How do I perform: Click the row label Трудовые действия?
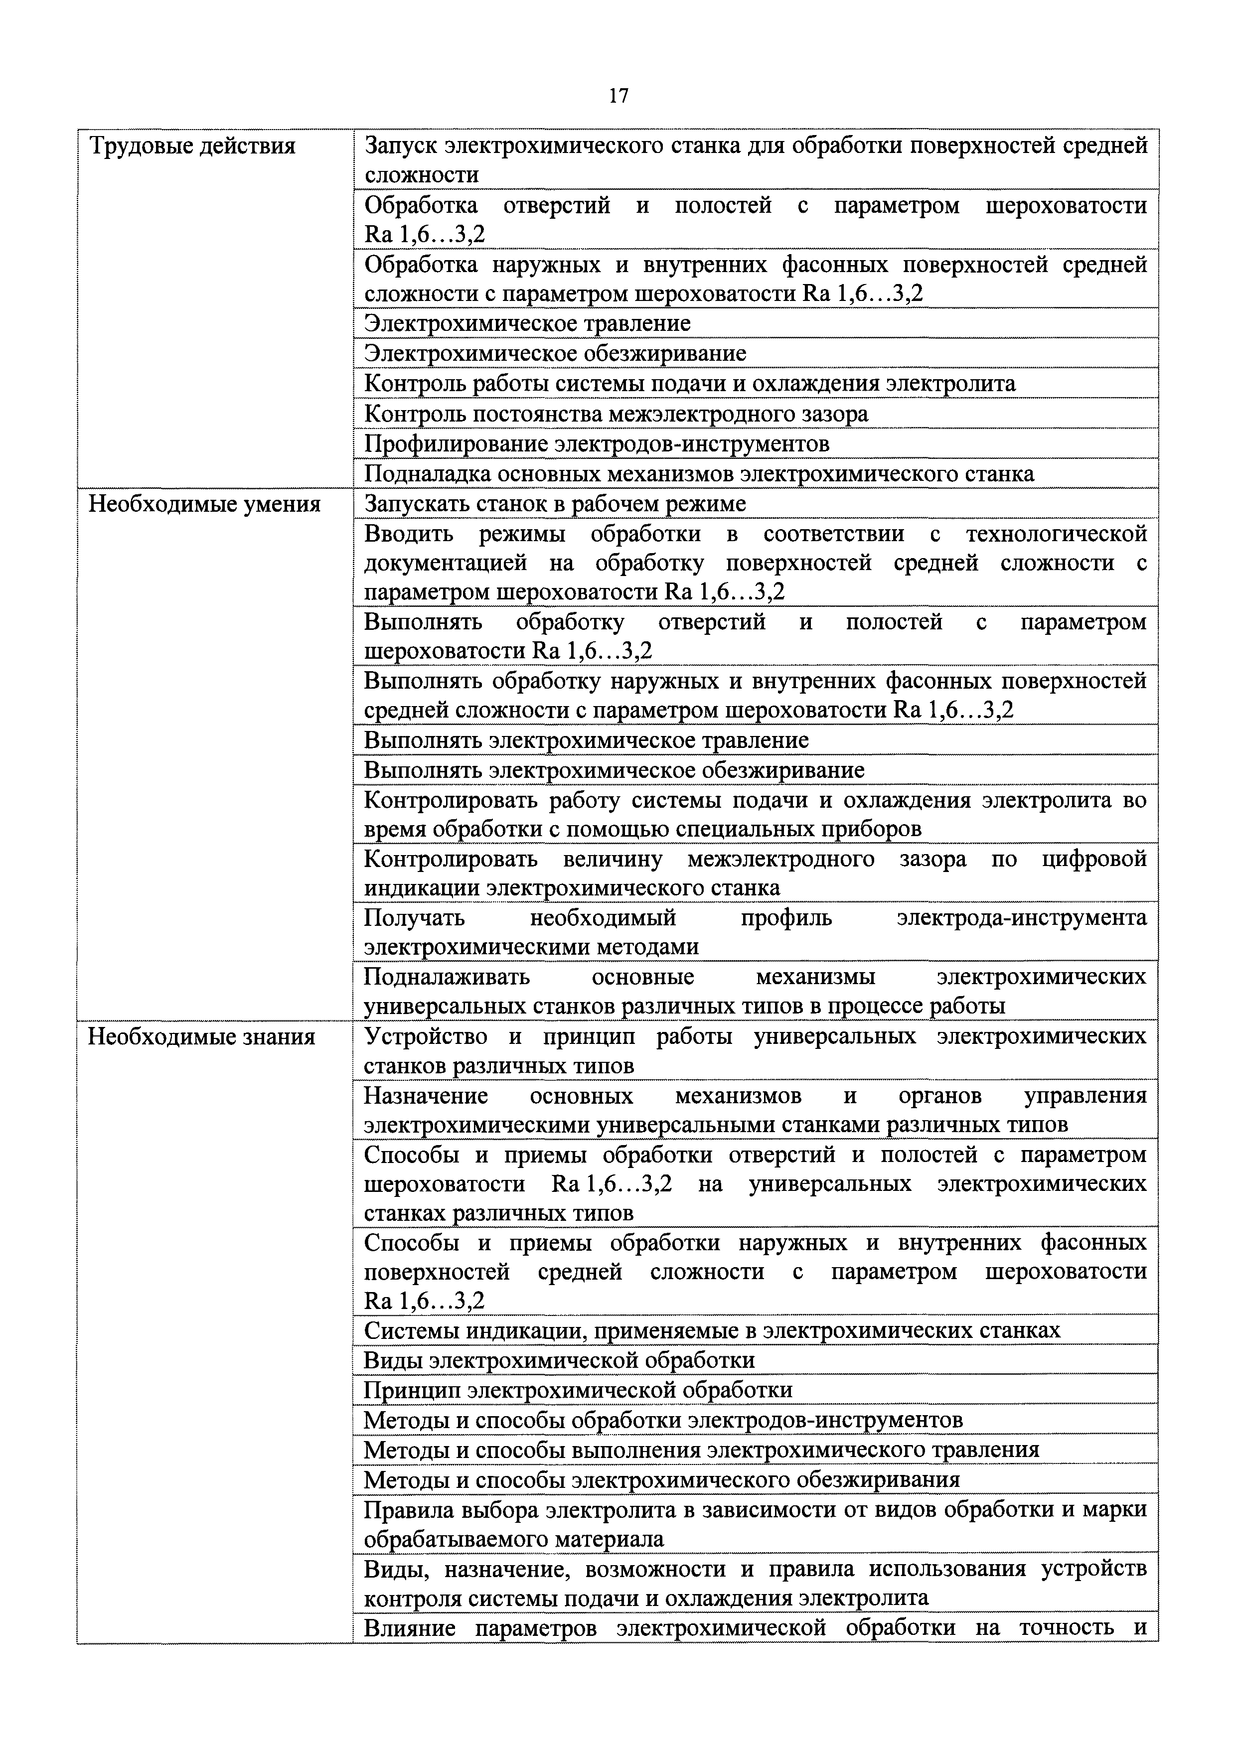pos(193,146)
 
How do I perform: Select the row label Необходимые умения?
pos(205,504)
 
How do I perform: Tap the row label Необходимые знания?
pos(202,1037)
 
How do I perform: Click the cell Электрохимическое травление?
pos(527,323)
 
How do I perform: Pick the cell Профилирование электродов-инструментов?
pos(596,443)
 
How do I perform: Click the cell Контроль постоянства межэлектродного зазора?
pos(616,414)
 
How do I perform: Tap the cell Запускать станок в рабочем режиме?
pos(554,504)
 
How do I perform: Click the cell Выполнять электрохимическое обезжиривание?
pos(614,770)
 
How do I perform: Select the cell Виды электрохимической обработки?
pos(559,1360)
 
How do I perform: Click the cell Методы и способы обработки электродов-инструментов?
pos(662,1420)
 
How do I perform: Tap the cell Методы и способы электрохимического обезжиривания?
pos(661,1479)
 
